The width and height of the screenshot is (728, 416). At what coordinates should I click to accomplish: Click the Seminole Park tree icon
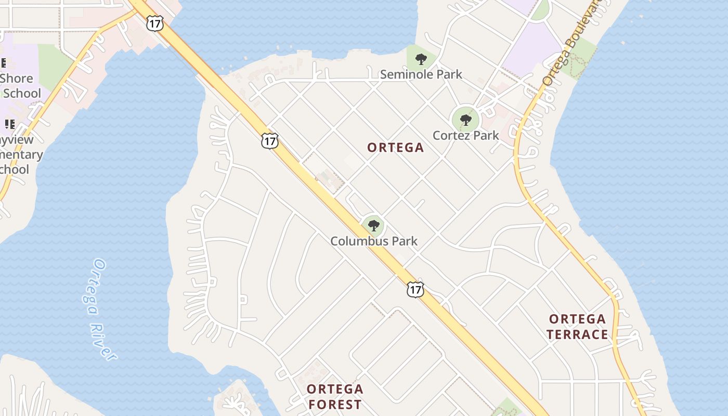click(x=421, y=59)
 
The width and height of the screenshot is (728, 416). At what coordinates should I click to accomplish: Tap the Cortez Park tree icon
click(x=465, y=120)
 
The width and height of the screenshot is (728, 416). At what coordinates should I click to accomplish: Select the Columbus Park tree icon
click(x=373, y=226)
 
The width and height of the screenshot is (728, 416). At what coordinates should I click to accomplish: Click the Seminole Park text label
click(x=421, y=74)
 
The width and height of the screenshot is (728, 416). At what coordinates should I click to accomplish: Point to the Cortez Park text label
click(x=465, y=136)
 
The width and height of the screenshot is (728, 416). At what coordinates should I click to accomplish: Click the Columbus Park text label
click(x=374, y=241)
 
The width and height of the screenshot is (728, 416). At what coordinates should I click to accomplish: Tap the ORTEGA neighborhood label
click(x=395, y=148)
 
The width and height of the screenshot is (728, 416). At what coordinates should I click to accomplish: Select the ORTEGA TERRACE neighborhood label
click(x=577, y=327)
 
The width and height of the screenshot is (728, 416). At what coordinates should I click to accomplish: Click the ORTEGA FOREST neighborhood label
click(x=334, y=397)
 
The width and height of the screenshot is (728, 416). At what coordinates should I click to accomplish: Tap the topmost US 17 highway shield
click(x=155, y=23)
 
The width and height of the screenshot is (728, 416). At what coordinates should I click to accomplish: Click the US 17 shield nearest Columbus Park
click(x=415, y=290)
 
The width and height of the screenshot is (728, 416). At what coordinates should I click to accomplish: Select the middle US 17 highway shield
click(x=270, y=141)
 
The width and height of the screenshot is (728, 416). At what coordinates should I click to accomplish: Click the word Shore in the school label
click(x=16, y=79)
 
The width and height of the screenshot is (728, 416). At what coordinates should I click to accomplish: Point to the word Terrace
click(x=577, y=334)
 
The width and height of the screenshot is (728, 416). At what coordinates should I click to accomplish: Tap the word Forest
click(x=334, y=405)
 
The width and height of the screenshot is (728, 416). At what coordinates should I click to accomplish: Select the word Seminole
click(x=404, y=74)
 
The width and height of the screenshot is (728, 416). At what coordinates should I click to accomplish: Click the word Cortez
click(x=452, y=136)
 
